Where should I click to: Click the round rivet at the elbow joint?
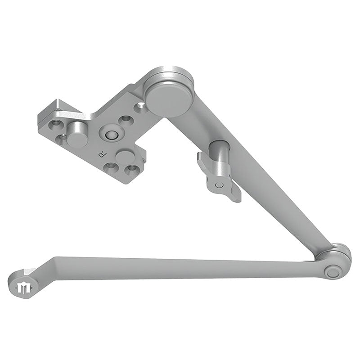click(332, 272)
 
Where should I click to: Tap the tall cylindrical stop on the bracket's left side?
click(77, 135)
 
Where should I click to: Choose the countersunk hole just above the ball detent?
click(126, 121)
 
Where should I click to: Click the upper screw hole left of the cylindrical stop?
click(56, 122)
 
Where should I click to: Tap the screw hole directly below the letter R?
click(110, 167)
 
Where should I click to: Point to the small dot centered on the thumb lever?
click(219, 184)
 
